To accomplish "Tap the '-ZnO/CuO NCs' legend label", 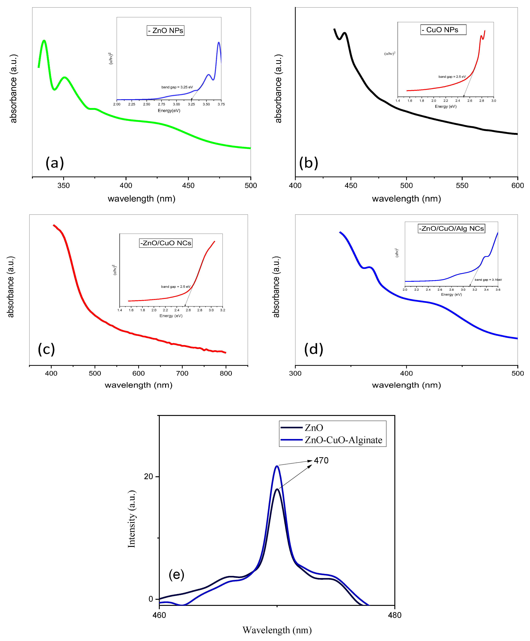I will (166, 243).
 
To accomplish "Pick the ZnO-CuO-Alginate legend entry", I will (343, 440).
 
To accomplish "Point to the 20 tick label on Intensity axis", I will (148, 476).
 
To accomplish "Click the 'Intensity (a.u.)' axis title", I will (132, 519).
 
